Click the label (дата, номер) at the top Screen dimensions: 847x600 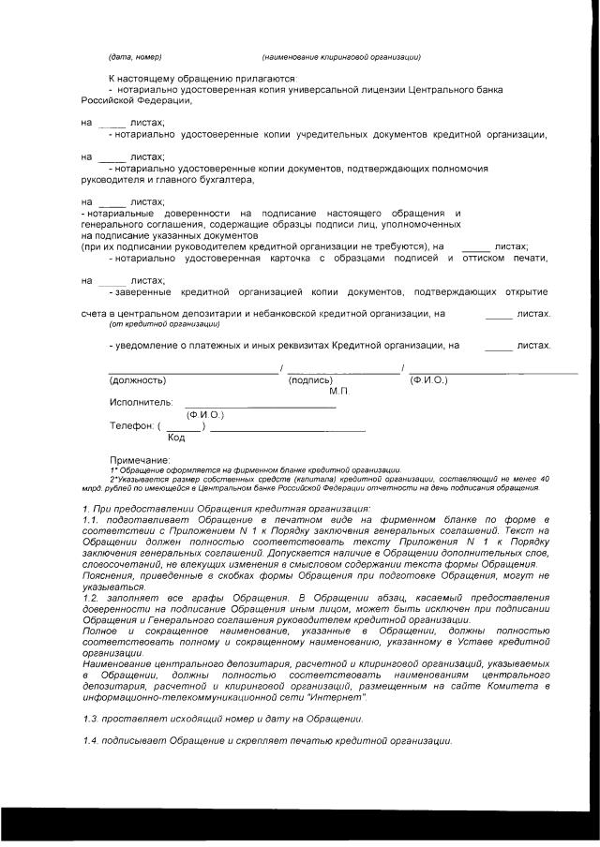(x=136, y=57)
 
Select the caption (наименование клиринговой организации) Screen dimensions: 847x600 (x=341, y=57)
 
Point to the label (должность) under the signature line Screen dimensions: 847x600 (x=138, y=380)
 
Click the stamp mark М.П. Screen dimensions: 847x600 (x=338, y=390)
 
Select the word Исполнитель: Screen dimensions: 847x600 (x=141, y=402)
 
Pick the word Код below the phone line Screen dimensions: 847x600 (x=175, y=437)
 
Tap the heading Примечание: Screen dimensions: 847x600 (x=140, y=460)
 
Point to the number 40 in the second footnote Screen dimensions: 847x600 (x=545, y=479)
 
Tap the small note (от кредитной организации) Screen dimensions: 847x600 (x=164, y=324)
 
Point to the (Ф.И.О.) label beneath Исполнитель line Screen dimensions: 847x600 (x=203, y=413)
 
